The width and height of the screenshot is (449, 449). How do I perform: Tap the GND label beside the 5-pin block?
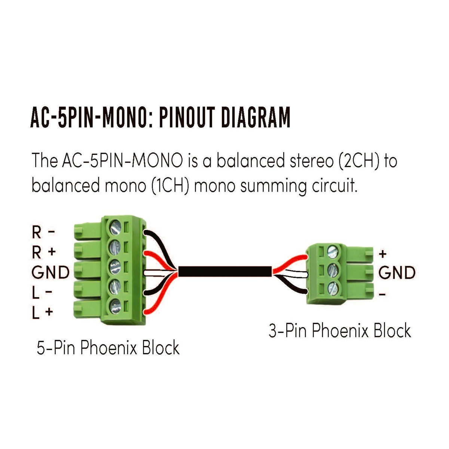point(51,272)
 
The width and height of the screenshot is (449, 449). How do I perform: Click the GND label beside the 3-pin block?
point(397,273)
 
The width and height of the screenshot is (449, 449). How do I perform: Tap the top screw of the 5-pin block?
point(115,227)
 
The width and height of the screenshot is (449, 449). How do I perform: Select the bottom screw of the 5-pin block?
point(115,305)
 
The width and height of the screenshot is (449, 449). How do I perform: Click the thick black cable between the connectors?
point(224,271)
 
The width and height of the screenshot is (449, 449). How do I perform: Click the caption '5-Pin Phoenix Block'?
point(108,348)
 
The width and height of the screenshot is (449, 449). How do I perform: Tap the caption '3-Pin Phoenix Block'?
point(340,331)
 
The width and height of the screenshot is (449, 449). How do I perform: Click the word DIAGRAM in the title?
point(255,117)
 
